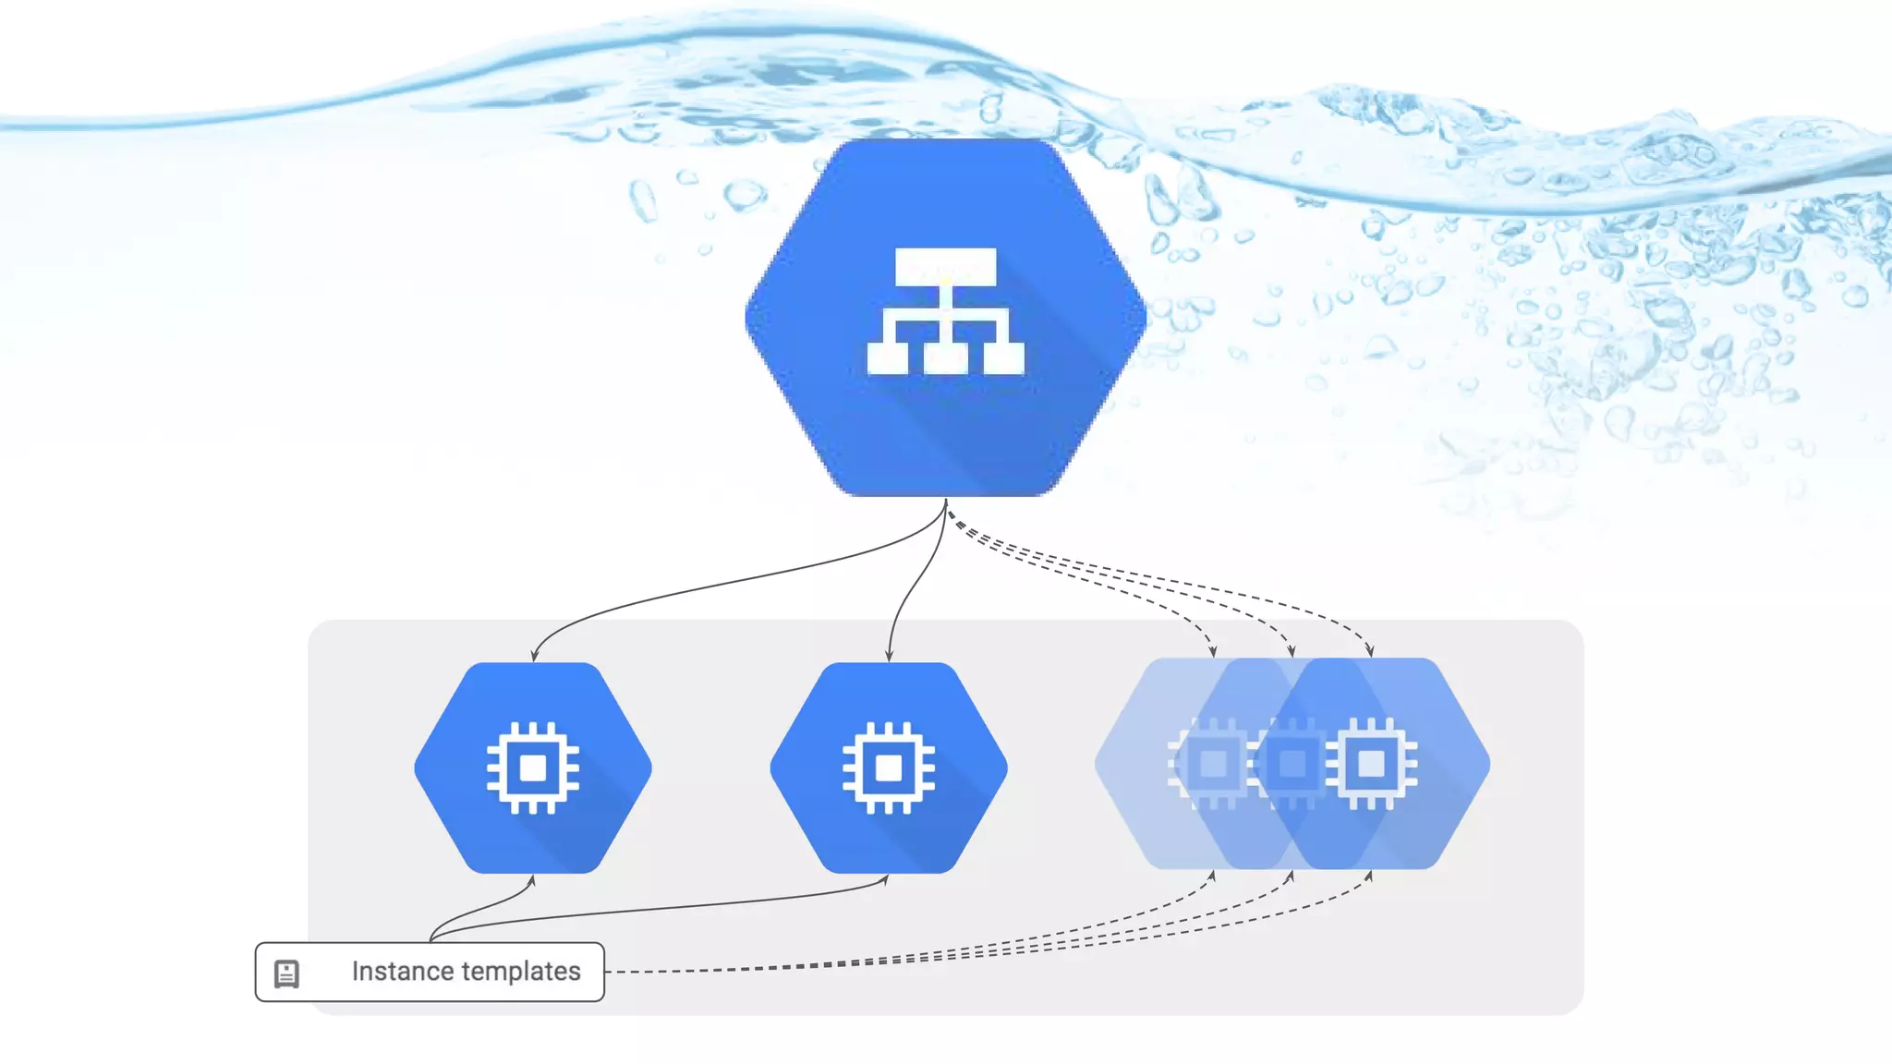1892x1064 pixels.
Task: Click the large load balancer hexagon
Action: [945, 425]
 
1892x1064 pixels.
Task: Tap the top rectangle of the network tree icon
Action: [945, 266]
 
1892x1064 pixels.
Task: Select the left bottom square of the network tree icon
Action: [888, 357]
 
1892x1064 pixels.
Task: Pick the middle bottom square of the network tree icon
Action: [945, 357]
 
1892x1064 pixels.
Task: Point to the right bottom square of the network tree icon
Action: [1003, 357]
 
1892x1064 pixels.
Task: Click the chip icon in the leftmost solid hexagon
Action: [533, 768]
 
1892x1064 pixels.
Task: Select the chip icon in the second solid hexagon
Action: [889, 768]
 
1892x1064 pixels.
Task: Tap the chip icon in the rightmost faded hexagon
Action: [1371, 764]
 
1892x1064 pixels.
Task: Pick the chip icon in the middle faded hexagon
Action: [1292, 764]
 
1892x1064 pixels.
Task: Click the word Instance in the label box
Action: [401, 972]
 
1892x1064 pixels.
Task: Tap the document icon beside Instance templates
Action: [286, 973]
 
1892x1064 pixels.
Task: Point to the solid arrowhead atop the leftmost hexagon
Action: [534, 656]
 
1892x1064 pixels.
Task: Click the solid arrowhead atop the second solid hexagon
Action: [889, 656]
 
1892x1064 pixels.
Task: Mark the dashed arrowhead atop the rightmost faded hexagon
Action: [1370, 651]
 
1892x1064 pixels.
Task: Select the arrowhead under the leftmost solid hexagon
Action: [531, 881]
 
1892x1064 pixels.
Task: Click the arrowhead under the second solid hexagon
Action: [885, 880]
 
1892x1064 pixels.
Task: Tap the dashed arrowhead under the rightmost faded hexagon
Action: [1369, 876]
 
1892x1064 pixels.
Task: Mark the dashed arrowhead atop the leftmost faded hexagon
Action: [1213, 651]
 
